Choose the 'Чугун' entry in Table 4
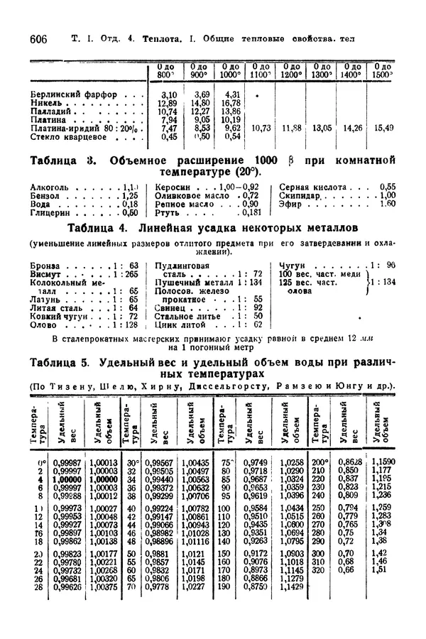coord(292,265)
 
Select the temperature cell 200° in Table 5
coord(319,462)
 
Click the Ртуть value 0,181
coord(251,212)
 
